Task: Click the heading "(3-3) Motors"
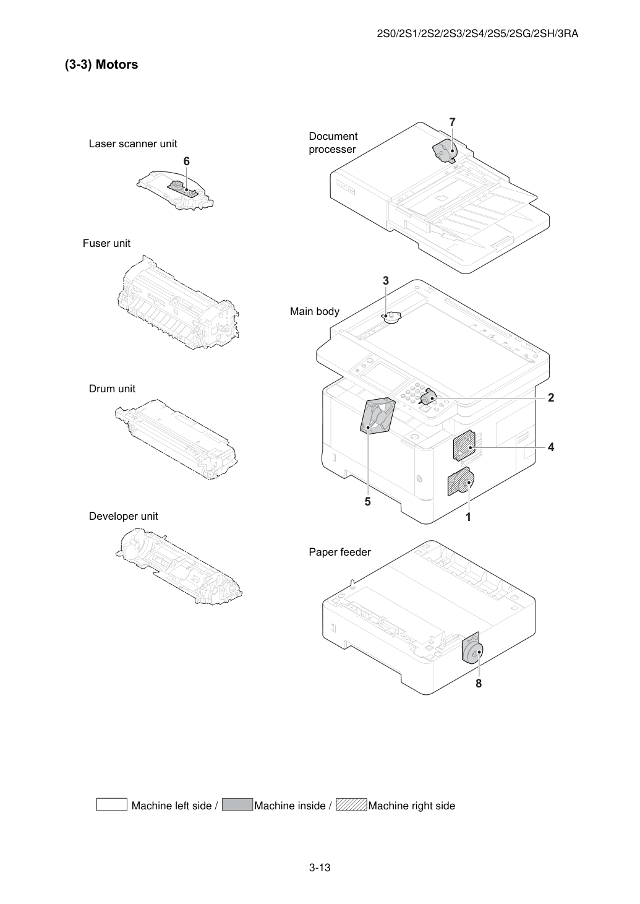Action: (101, 64)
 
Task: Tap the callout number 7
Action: (452, 122)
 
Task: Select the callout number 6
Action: (186, 161)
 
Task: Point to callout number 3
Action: (385, 280)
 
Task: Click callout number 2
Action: (551, 397)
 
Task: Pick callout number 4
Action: (551, 447)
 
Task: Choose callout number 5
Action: (367, 502)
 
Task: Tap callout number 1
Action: (468, 517)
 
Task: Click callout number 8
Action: (479, 683)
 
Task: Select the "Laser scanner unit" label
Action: (133, 144)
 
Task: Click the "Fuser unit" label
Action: (106, 243)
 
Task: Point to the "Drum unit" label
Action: (112, 389)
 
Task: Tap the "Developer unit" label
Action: (124, 516)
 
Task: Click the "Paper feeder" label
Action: (339, 552)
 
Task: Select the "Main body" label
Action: (315, 311)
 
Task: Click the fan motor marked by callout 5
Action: (377, 416)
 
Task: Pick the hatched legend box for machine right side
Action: (351, 804)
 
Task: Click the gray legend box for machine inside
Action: (237, 804)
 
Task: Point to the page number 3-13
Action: (320, 867)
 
